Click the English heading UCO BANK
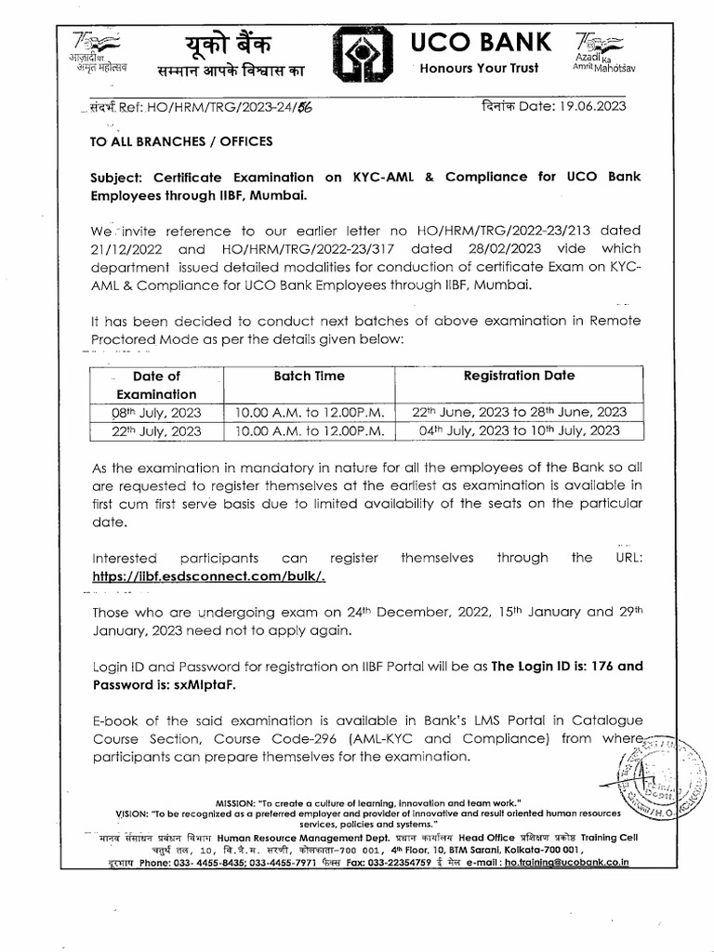(x=483, y=43)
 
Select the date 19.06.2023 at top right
(x=586, y=106)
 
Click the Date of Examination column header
(x=156, y=385)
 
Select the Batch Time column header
(x=309, y=377)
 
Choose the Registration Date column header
(x=519, y=377)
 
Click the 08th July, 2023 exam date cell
(x=156, y=412)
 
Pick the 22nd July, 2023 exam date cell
(x=156, y=430)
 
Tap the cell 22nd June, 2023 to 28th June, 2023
(x=520, y=412)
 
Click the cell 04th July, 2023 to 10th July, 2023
(x=520, y=430)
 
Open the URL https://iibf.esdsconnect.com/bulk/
(x=208, y=575)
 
